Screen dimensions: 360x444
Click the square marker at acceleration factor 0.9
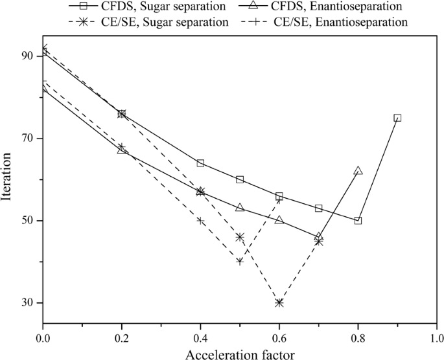397,118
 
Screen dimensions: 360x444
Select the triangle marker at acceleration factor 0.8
358,171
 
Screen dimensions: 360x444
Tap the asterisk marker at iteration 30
279,302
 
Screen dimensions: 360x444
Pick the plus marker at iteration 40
240,262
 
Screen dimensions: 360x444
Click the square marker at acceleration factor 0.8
358,221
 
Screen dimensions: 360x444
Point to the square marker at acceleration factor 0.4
200,163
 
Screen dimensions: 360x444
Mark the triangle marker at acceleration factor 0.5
240,208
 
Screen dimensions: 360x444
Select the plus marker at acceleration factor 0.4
200,221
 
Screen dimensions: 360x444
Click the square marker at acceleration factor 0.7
318,208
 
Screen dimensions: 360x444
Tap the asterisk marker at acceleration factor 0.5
240,237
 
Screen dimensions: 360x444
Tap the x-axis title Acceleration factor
239,353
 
